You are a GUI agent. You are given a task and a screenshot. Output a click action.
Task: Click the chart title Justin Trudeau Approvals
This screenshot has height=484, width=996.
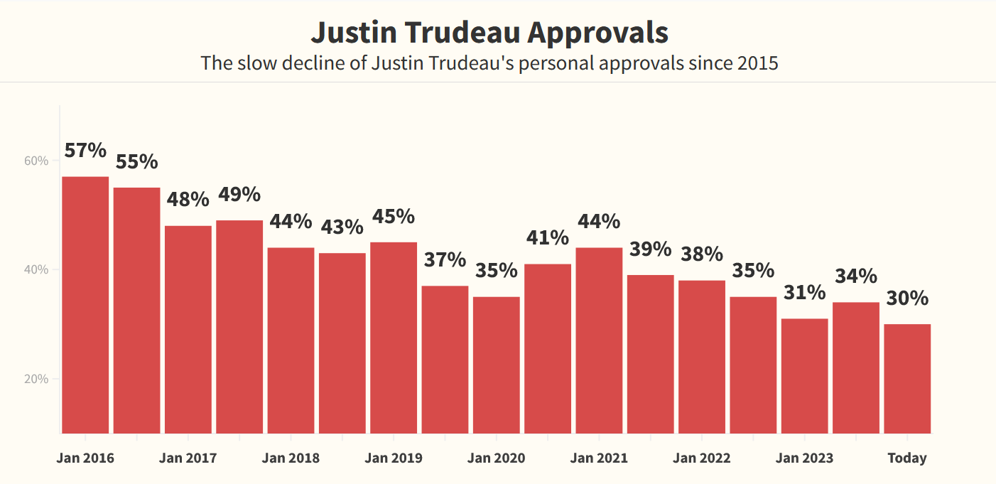489,33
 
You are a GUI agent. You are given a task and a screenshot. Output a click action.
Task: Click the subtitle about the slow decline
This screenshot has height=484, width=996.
489,63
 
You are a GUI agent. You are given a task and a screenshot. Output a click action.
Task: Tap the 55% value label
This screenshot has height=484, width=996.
136,161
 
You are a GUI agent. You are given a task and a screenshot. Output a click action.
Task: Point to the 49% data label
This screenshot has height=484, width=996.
239,194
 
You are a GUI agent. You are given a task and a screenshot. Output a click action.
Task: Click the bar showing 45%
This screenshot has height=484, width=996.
394,337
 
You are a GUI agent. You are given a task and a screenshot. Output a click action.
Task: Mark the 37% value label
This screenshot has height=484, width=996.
445,259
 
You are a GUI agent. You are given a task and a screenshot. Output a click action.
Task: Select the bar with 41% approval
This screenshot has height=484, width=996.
548,348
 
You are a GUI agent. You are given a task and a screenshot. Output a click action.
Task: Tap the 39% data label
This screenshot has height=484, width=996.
650,249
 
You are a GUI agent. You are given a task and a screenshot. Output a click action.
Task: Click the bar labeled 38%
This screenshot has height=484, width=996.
702,356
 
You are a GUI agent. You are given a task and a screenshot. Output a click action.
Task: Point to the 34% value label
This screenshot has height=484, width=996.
856,276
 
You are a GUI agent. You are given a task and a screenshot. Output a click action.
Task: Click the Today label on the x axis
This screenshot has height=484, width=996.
907,458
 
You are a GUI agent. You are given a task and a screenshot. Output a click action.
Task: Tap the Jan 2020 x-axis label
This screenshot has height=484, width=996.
496,458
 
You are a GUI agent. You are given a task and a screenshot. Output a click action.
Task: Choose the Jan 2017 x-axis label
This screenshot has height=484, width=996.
188,458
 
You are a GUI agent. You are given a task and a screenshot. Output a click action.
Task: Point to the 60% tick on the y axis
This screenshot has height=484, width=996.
36,161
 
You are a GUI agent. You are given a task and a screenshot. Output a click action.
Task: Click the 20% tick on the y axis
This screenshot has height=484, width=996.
36,379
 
